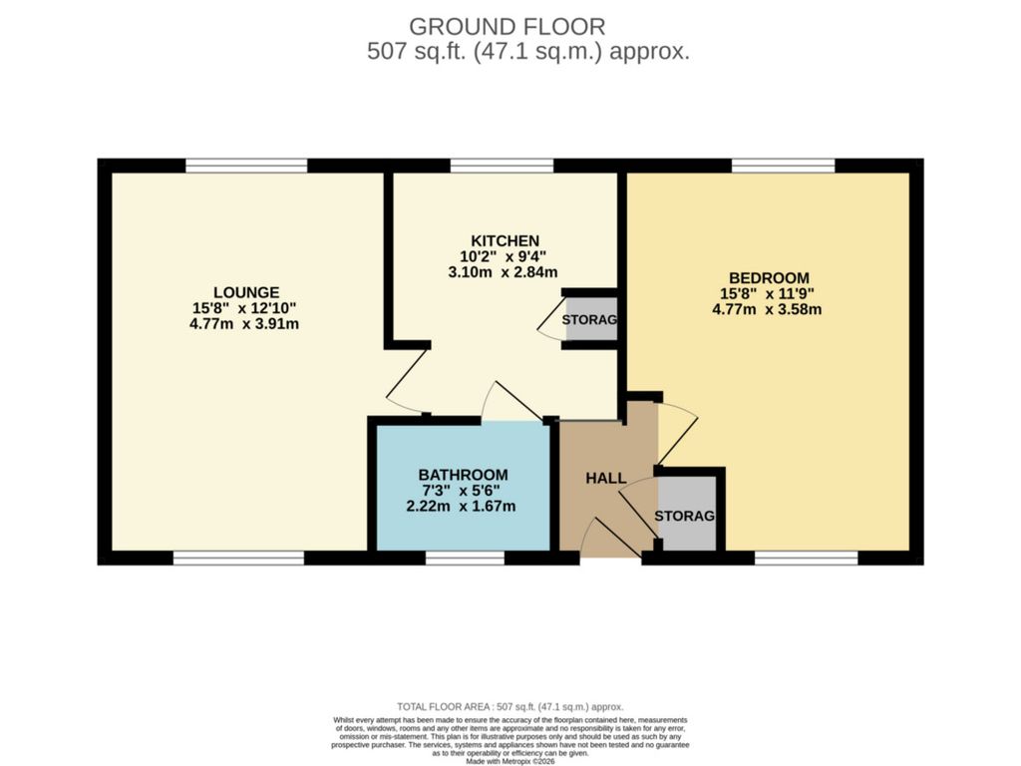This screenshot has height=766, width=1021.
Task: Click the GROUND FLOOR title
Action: click(x=507, y=26)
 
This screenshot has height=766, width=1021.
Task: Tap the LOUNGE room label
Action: click(x=244, y=292)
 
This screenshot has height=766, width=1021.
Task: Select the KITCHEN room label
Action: click(x=506, y=240)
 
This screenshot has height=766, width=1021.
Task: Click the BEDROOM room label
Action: click(x=768, y=277)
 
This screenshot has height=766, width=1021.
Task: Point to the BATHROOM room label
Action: click(x=463, y=475)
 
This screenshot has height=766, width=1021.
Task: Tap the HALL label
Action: click(x=605, y=479)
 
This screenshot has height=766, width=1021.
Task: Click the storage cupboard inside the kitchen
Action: click(x=590, y=320)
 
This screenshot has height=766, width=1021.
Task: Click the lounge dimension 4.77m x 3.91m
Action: click(x=244, y=324)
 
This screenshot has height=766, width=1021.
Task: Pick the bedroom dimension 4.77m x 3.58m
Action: click(x=768, y=309)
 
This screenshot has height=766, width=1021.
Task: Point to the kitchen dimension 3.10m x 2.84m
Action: click(x=502, y=272)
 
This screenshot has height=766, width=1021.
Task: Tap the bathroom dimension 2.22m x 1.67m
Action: click(x=463, y=506)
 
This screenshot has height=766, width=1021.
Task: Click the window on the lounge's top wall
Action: click(x=246, y=166)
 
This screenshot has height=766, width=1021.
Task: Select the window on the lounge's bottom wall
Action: click(x=238, y=558)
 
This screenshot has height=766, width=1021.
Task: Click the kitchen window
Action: click(x=502, y=166)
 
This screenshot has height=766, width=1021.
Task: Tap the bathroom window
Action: click(x=465, y=558)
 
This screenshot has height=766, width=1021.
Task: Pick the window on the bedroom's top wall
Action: click(x=784, y=166)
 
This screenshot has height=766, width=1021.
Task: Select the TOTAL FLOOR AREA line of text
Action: click(x=510, y=705)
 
